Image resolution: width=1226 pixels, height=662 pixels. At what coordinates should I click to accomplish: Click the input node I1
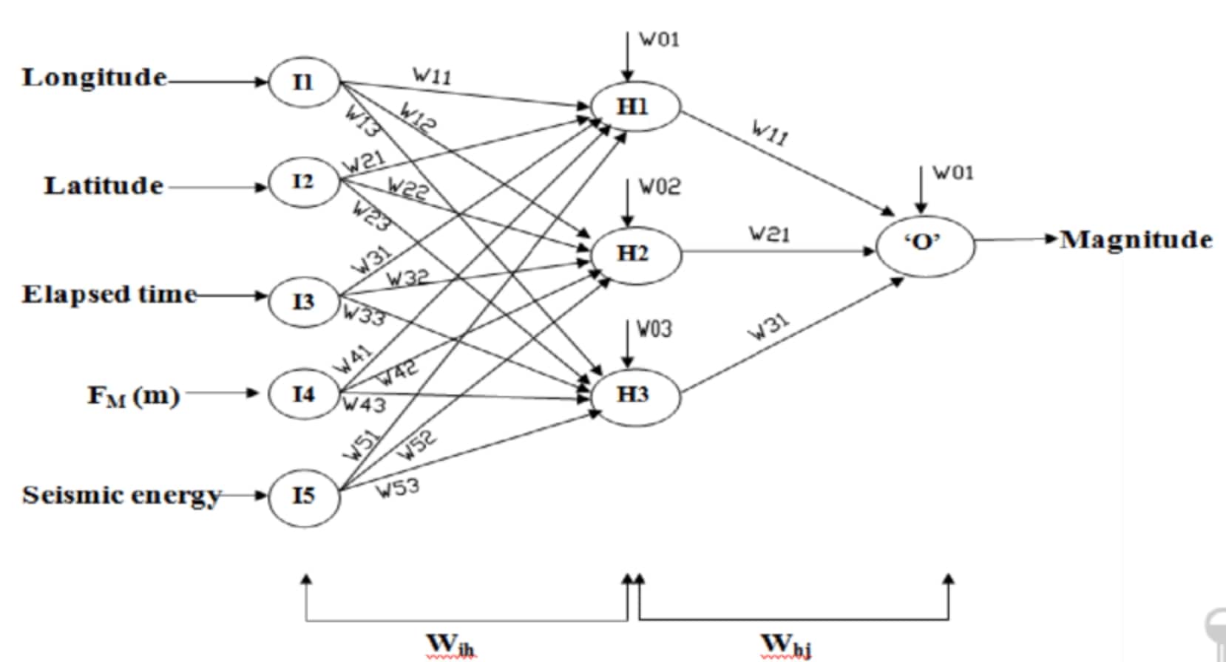[x=304, y=81]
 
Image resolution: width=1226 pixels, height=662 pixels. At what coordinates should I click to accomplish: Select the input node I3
[x=304, y=301]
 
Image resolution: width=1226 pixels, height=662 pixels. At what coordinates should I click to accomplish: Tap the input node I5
[x=304, y=496]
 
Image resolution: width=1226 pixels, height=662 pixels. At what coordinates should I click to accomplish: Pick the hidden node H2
[x=634, y=253]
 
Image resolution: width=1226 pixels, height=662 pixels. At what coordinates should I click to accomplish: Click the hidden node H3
[x=634, y=395]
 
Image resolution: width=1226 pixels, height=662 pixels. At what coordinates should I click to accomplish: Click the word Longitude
[x=95, y=77]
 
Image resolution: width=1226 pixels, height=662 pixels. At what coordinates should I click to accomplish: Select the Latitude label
[x=104, y=185]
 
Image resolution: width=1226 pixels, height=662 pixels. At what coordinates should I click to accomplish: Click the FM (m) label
[x=134, y=396]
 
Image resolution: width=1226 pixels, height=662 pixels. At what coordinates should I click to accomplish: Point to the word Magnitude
[x=1136, y=239]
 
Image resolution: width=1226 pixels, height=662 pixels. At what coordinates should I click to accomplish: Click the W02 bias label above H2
[x=659, y=188]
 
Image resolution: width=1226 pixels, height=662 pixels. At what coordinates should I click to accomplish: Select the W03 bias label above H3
[x=655, y=328]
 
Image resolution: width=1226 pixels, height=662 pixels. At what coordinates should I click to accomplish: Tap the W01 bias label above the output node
[x=953, y=173]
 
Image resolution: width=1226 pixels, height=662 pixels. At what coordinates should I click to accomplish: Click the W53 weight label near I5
[x=399, y=488]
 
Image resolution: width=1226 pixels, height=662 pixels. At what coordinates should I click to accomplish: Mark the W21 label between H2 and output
[x=770, y=234]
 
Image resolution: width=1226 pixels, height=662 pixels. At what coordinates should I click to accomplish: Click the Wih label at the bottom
[x=450, y=645]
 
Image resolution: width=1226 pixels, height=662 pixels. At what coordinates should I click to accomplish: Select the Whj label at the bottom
[x=787, y=645]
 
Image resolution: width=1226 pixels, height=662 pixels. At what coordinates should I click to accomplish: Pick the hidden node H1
[x=634, y=106]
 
